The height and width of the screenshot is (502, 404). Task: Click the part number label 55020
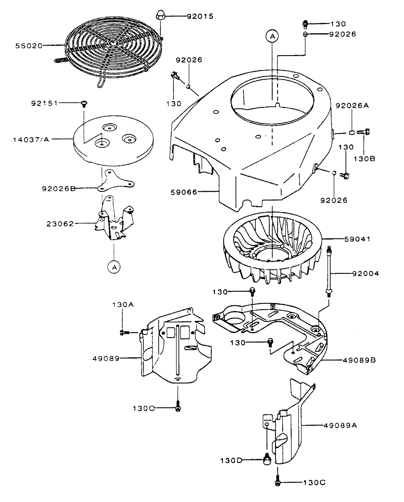pyautogui.click(x=29, y=46)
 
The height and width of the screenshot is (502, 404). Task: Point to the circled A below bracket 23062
pyautogui.click(x=114, y=267)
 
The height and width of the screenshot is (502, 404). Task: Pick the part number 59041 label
pyautogui.click(x=357, y=239)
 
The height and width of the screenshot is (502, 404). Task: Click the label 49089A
pyautogui.click(x=340, y=425)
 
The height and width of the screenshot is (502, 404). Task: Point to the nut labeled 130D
pyautogui.click(x=267, y=460)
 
